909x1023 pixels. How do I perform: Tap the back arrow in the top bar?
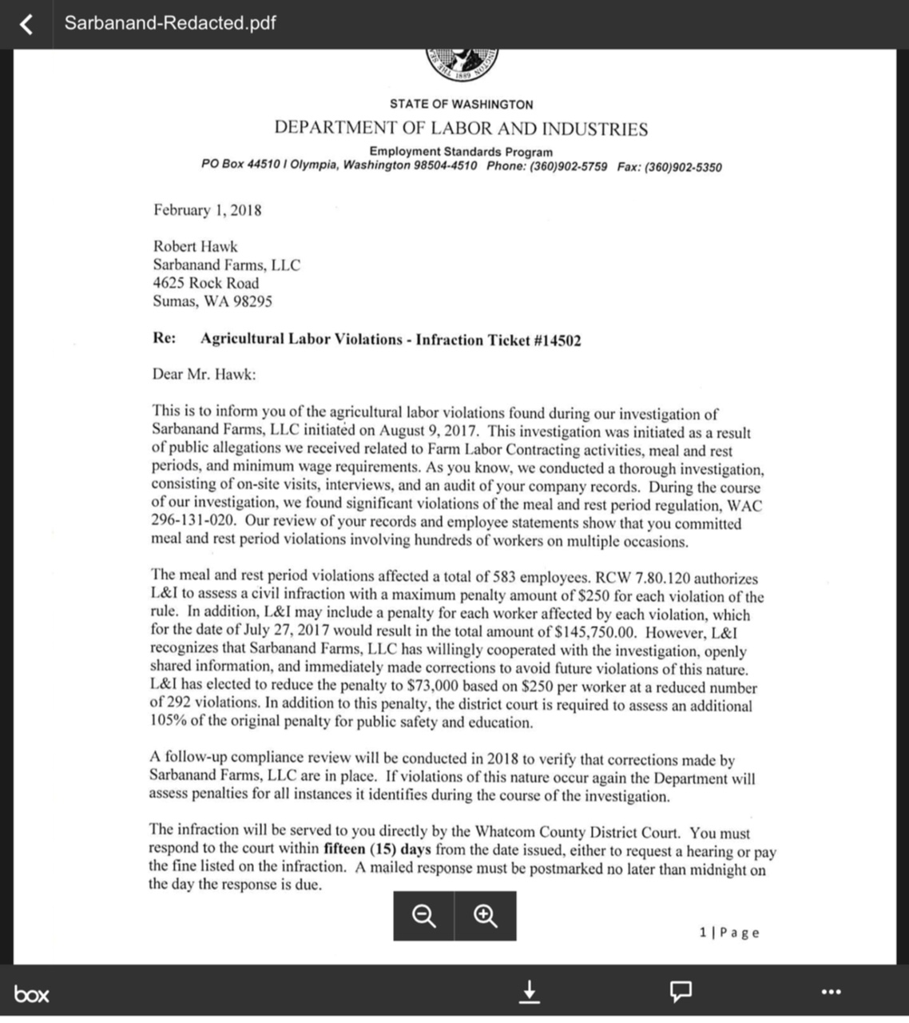26,24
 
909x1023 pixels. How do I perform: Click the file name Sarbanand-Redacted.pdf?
170,22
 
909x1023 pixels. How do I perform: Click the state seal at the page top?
462,62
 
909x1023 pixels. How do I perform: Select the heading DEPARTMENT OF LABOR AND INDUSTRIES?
461,128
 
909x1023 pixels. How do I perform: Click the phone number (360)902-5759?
568,166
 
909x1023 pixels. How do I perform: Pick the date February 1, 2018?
207,210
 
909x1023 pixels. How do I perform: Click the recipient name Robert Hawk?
195,246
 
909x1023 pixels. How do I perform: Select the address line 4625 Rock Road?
205,283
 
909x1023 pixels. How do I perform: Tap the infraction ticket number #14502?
557,340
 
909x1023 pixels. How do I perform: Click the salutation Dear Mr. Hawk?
204,373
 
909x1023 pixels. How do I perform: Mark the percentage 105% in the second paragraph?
166,722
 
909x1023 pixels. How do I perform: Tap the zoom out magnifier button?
423,916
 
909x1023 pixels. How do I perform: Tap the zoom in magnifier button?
486,916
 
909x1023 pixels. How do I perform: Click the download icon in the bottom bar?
529,992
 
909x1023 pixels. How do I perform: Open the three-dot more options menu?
831,992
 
